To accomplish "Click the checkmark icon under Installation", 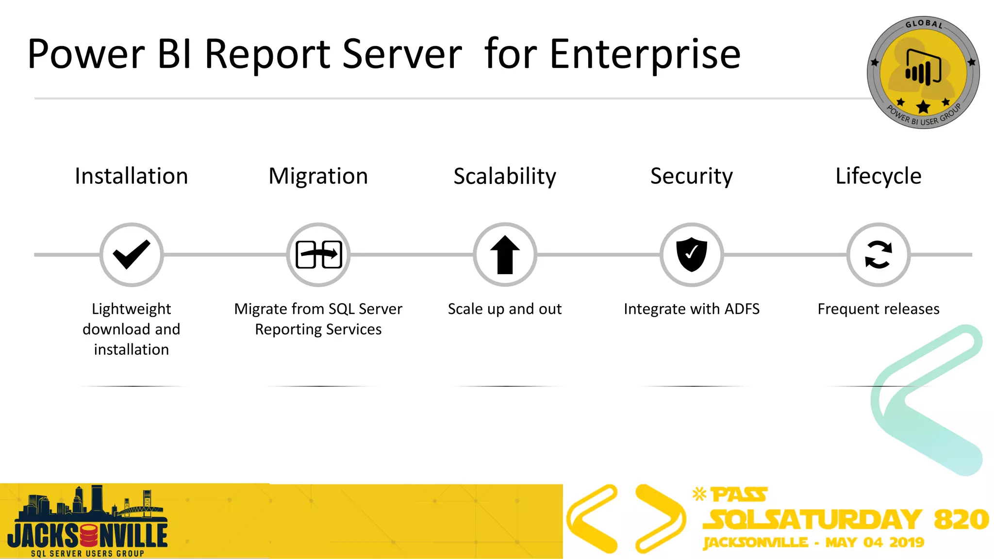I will (131, 254).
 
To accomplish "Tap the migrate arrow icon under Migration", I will (318, 254).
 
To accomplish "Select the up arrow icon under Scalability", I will (505, 254).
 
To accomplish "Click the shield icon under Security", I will (692, 254).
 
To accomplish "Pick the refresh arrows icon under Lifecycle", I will (878, 254).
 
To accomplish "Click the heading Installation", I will (131, 176).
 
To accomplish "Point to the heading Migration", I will (318, 176).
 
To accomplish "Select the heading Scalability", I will (505, 176).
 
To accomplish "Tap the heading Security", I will (692, 176).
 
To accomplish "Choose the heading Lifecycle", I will (878, 176).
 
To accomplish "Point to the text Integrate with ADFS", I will (692, 309).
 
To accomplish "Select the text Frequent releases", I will (878, 309).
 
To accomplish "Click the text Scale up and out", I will (505, 309).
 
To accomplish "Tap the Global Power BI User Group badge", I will (923, 73).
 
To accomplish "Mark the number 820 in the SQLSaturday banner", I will (961, 519).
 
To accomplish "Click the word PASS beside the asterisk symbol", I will (739, 495).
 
